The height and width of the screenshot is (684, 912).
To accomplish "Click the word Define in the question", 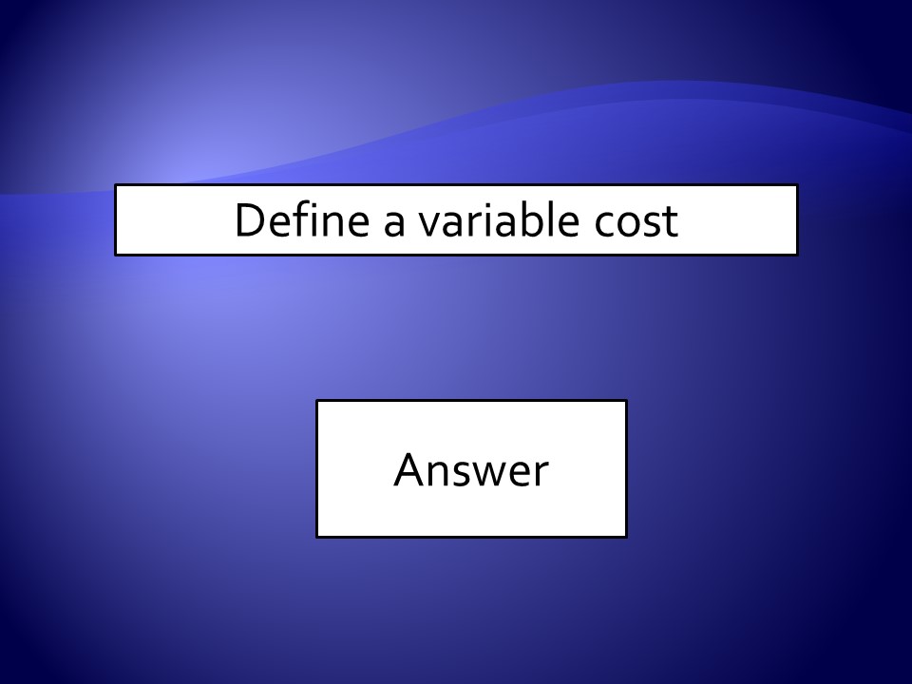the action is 302,219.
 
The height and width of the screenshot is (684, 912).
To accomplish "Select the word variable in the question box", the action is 499,219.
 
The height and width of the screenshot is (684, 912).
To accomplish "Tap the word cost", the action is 636,221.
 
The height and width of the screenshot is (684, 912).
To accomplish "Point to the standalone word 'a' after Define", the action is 393,224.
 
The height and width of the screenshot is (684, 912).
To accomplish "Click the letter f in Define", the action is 305,219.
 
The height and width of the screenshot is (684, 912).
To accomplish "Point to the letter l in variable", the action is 547,219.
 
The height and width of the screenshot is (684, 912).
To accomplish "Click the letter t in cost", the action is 670,222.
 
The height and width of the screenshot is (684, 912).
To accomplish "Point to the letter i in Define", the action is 319,219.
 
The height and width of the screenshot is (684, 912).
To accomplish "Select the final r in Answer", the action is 541,473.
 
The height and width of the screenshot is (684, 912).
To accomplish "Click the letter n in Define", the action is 339,224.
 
